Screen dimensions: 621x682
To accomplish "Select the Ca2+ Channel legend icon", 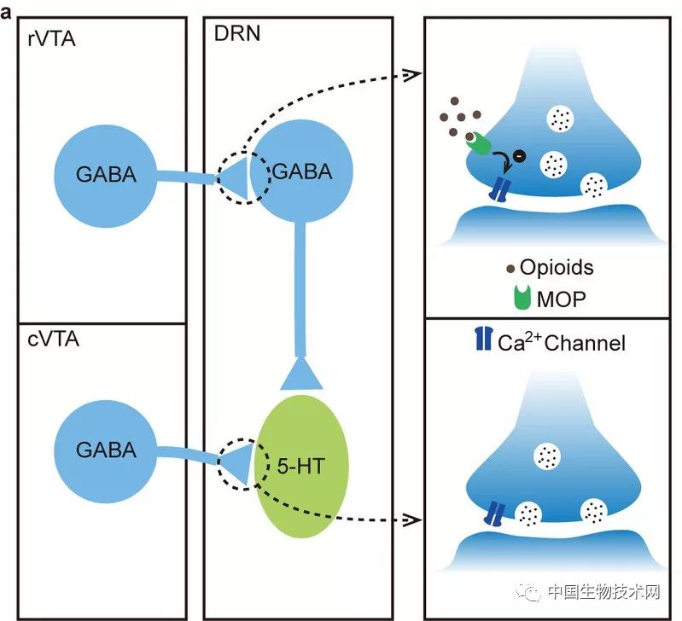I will click(x=483, y=341).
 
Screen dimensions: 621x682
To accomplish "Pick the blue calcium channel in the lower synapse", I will click(x=495, y=513).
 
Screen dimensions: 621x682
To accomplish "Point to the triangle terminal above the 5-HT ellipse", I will click(x=299, y=373).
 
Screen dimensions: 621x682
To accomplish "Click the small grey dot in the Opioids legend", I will click(x=511, y=269).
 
